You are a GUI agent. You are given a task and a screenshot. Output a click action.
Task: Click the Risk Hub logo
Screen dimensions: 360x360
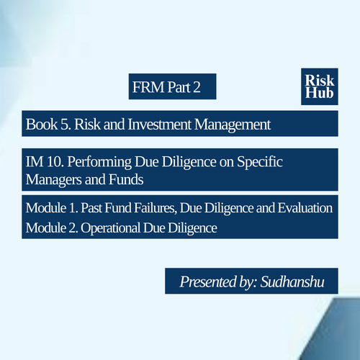click(320, 86)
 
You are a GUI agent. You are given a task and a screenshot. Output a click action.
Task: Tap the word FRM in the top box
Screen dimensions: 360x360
click(148, 87)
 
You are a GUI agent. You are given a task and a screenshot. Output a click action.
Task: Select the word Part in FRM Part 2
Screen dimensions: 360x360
click(179, 87)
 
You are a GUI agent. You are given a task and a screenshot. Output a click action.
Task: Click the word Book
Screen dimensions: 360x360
click(42, 125)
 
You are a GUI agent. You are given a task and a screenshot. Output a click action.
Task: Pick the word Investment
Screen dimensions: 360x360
click(160, 125)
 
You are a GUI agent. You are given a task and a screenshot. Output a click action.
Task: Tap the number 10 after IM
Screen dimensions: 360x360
click(55, 162)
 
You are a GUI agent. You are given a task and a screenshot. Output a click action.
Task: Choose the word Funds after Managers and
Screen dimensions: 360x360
click(126, 179)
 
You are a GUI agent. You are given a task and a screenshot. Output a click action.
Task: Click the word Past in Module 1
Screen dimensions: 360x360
click(91, 208)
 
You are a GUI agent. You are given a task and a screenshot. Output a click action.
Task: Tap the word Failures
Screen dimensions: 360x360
click(156, 208)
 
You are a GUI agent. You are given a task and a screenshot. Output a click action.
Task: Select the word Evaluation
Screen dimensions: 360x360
click(305, 208)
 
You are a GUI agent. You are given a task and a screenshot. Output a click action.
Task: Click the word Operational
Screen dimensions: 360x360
click(110, 228)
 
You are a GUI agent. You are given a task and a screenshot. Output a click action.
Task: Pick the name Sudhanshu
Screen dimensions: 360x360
click(292, 282)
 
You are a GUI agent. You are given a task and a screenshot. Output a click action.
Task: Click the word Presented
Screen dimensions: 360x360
click(208, 282)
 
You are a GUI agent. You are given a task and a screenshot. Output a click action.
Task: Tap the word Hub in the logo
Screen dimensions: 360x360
click(320, 93)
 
